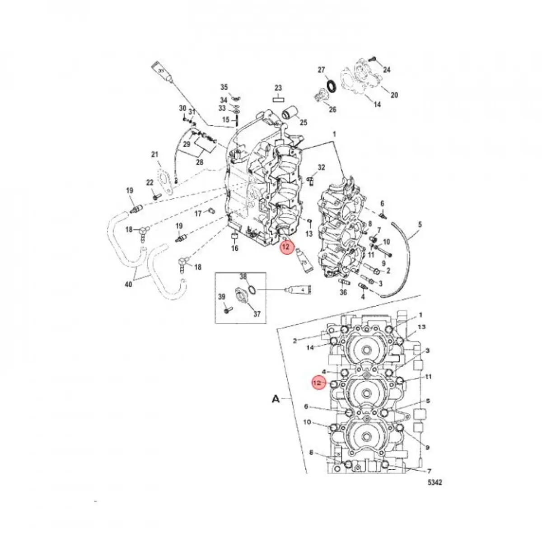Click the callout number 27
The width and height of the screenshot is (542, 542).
(x=321, y=70)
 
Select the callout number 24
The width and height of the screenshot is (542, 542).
(x=387, y=70)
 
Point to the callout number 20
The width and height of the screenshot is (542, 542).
(x=394, y=95)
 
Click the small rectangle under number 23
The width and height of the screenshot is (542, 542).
(x=278, y=98)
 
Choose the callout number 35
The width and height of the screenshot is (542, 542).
(x=224, y=87)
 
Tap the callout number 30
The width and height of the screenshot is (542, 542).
(x=182, y=108)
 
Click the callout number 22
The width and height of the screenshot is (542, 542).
(x=150, y=182)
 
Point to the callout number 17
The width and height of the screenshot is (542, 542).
(x=198, y=214)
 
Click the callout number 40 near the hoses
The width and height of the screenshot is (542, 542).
(x=129, y=285)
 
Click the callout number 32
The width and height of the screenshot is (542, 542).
(x=321, y=168)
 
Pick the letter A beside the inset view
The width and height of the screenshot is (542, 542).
(x=275, y=399)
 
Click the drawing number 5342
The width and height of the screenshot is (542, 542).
(x=435, y=482)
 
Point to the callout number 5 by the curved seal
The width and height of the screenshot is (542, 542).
(x=420, y=224)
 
